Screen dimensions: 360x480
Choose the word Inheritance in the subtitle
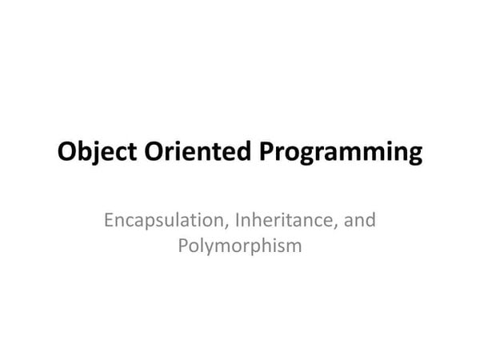coord(285,220)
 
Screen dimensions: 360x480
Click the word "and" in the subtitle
coord(359,220)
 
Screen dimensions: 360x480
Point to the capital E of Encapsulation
coord(109,220)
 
